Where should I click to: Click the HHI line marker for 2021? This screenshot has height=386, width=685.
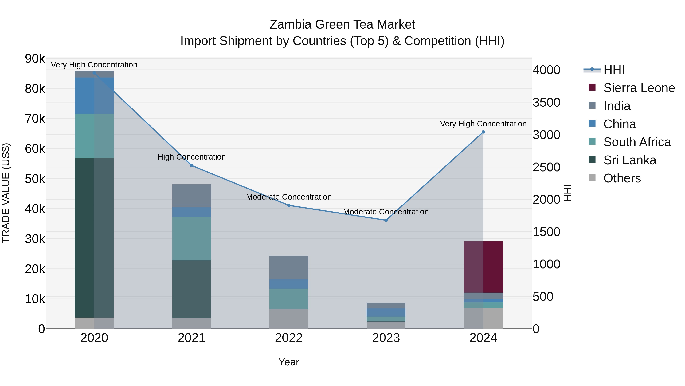pyautogui.click(x=191, y=165)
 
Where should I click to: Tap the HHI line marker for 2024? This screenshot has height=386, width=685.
pyautogui.click(x=483, y=132)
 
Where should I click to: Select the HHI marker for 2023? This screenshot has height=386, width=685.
pyautogui.click(x=386, y=220)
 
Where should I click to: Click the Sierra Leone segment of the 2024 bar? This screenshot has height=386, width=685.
pyautogui.click(x=483, y=267)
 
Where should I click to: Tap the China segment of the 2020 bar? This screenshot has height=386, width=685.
pyautogui.click(x=94, y=96)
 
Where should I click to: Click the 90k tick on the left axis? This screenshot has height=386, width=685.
pyautogui.click(x=35, y=59)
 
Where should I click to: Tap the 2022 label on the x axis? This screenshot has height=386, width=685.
pyautogui.click(x=289, y=338)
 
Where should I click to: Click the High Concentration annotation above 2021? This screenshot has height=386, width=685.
pyautogui.click(x=191, y=157)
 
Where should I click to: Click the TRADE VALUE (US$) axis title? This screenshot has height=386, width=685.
pyautogui.click(x=6, y=193)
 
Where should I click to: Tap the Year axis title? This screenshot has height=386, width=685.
pyautogui.click(x=289, y=362)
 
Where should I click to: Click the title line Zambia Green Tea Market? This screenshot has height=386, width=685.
pyautogui.click(x=342, y=25)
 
